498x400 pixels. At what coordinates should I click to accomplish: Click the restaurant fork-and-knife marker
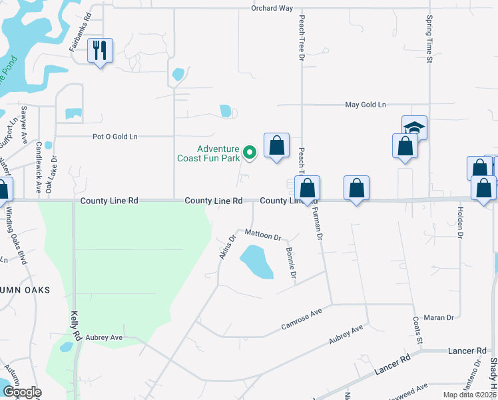click(x=100, y=50)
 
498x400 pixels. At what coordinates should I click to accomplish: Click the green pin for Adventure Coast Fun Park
click(x=250, y=153)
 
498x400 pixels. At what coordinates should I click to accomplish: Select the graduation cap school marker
click(x=413, y=127)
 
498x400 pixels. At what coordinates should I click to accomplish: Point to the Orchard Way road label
click(x=272, y=8)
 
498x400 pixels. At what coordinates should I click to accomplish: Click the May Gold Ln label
click(x=365, y=105)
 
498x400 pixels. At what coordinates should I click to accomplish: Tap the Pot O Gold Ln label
click(x=115, y=137)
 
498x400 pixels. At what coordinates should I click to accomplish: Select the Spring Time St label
click(x=429, y=40)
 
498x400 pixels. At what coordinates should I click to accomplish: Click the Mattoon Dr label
click(x=263, y=235)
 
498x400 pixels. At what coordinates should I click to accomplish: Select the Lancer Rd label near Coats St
click(x=467, y=351)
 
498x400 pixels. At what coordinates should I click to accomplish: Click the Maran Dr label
click(x=441, y=318)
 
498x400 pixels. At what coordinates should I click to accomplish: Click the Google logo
click(x=22, y=392)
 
